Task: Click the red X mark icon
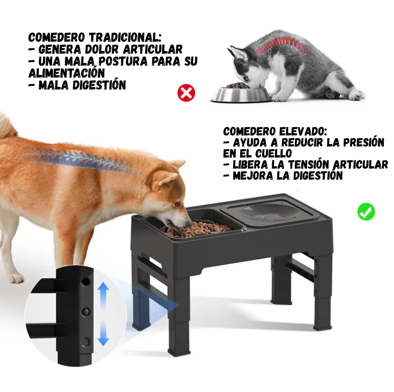186,93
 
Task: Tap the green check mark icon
366,212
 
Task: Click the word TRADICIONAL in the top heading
125,37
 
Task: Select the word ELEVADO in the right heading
303,131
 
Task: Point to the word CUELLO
274,153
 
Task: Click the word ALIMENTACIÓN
67,73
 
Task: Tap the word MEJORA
253,176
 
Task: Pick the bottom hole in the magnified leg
86,342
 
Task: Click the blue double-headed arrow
103,314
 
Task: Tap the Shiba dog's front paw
16,277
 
